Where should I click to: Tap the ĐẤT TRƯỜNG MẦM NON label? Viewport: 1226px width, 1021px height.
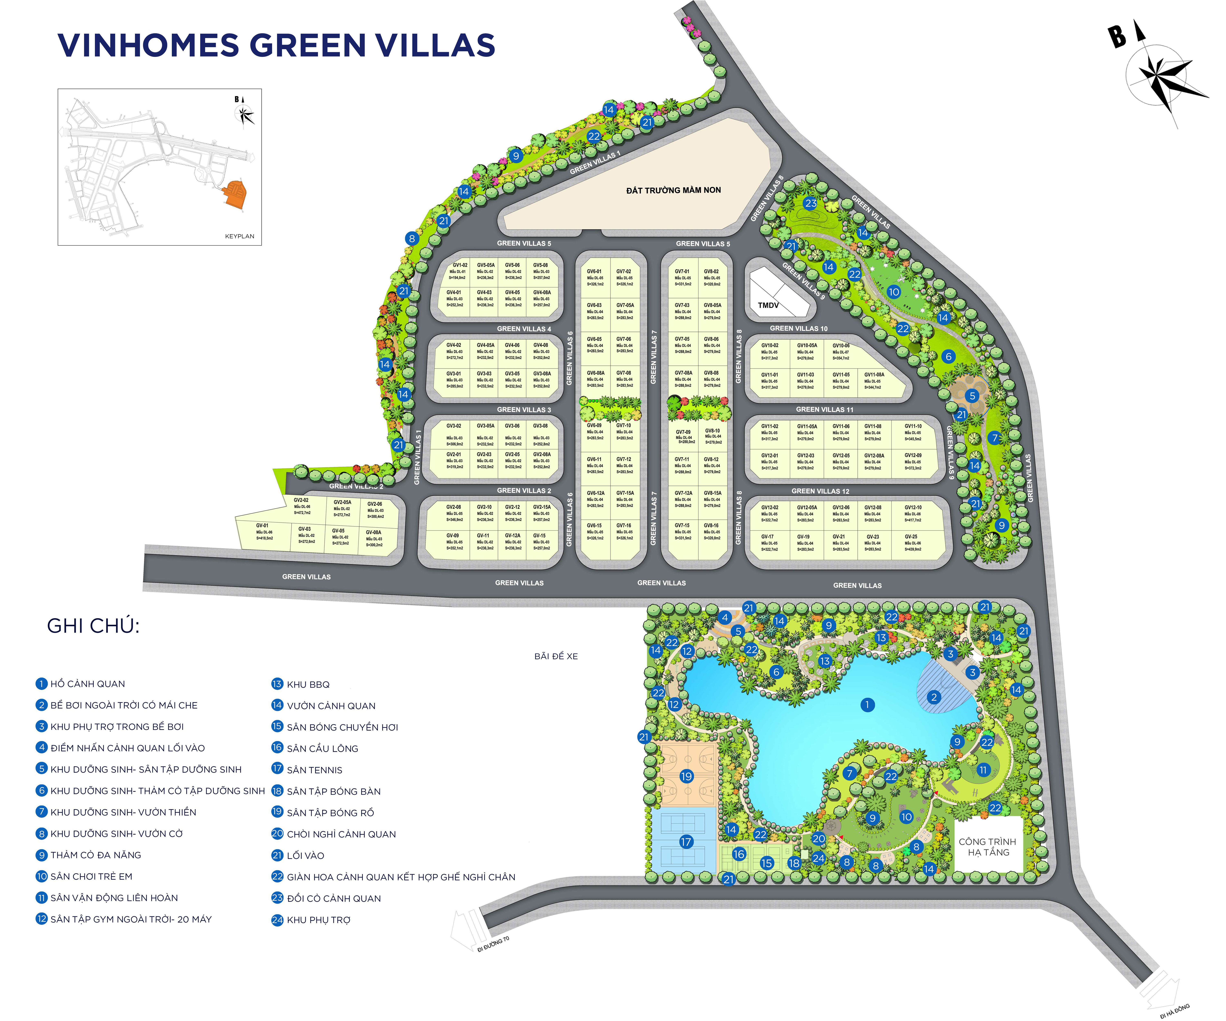click(x=673, y=190)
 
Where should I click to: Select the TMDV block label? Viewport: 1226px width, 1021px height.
click(x=768, y=305)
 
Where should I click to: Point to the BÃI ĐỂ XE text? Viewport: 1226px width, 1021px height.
click(x=556, y=656)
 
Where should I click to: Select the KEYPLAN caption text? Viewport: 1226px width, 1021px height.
click(x=239, y=236)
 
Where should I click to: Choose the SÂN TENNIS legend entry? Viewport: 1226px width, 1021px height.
click(x=314, y=770)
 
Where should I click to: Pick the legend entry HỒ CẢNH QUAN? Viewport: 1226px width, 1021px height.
click(x=88, y=684)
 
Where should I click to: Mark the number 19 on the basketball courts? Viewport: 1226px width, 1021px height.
click(x=686, y=777)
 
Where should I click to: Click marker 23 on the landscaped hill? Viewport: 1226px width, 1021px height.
click(x=810, y=203)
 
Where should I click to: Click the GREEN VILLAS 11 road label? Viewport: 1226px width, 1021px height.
click(x=824, y=410)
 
